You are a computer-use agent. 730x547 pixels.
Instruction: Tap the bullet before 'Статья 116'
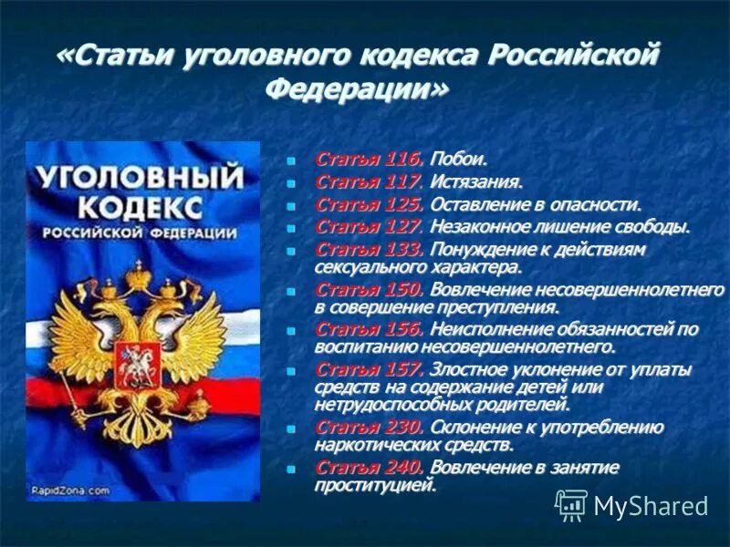[x=292, y=160]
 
